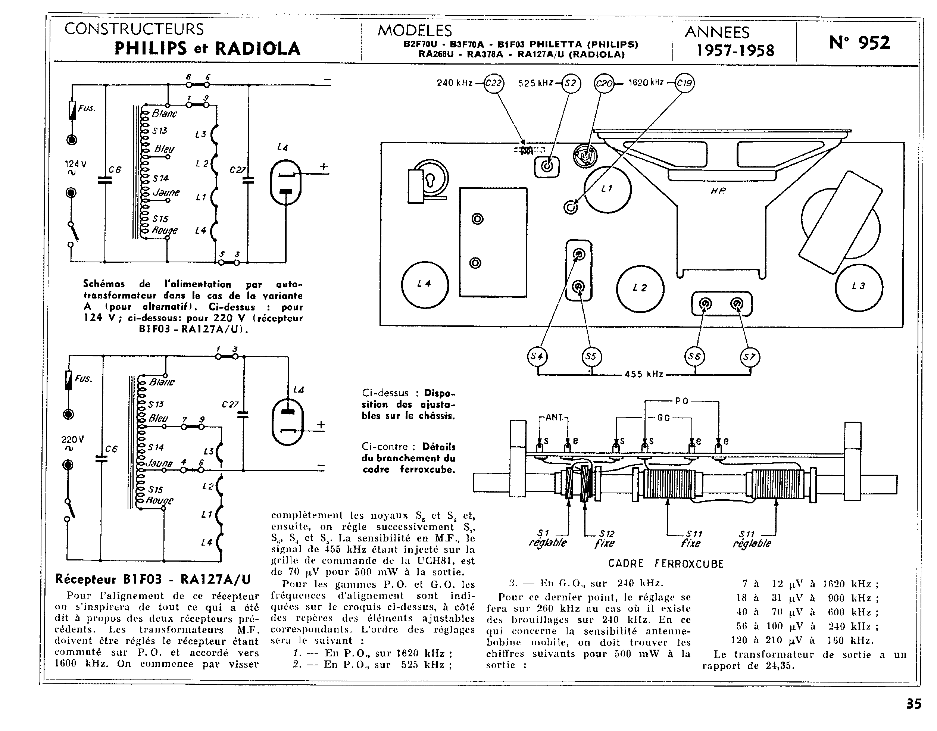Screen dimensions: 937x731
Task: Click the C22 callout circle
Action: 493,83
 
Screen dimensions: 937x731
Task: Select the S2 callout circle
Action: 571,83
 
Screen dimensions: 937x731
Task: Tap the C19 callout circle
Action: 684,83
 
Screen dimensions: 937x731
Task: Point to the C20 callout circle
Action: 604,83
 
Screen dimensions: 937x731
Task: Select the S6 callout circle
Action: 694,356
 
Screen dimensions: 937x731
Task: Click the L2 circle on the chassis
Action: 640,288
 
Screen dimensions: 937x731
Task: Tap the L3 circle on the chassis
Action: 859,287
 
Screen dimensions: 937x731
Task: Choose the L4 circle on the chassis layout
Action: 425,284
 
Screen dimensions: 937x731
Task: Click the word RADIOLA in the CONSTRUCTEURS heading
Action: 257,48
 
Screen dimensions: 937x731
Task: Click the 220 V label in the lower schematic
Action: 72,440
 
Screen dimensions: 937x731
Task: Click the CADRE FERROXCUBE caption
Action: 666,564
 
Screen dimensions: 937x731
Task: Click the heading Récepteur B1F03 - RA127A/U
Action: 153,579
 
